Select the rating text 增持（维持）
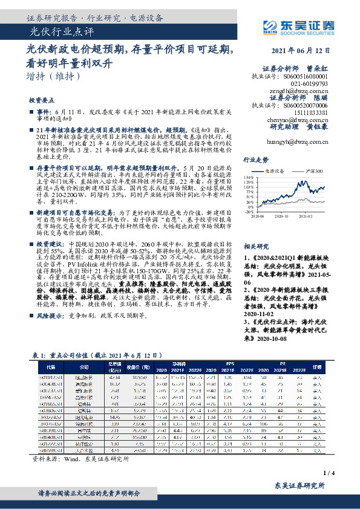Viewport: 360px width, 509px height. pyautogui.click(x=54, y=77)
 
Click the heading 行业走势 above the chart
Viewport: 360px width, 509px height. pyautogui.click(x=255, y=160)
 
